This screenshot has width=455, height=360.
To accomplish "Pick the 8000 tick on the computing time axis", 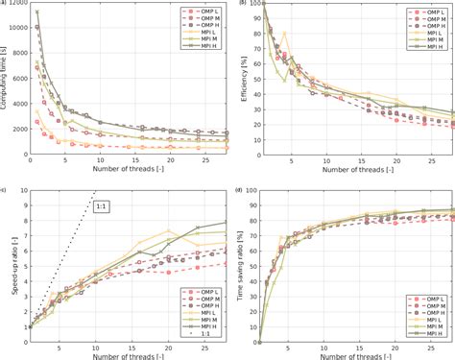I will [x=20, y=56].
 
